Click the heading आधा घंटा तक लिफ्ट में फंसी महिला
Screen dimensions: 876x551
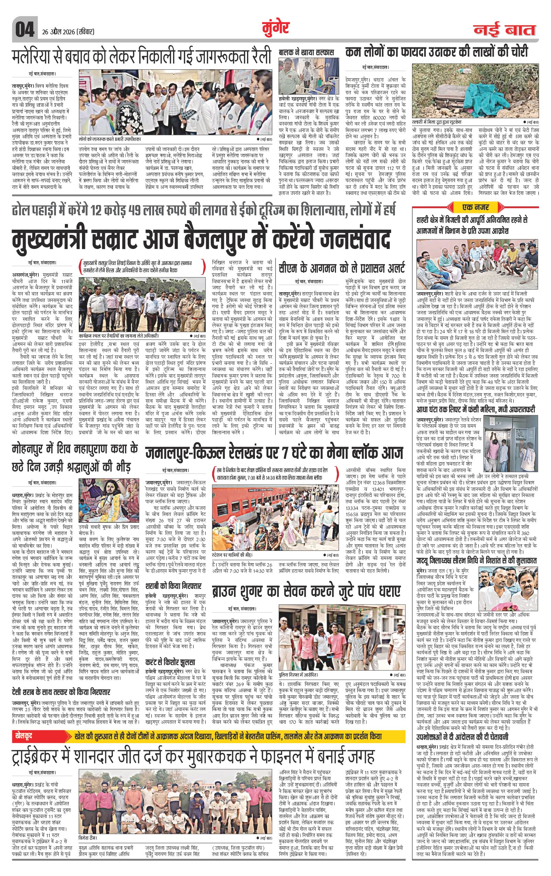(x=476, y=410)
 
